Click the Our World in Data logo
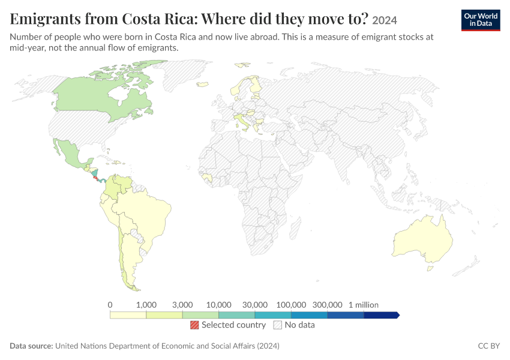[x=481, y=20]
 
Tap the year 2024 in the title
[x=385, y=20]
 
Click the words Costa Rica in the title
[x=159, y=19]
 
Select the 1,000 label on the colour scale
[x=146, y=305]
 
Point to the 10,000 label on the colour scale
[x=218, y=305]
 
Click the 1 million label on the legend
[x=364, y=305]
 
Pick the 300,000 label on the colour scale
[x=327, y=305]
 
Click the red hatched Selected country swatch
[x=194, y=325]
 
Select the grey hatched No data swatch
[x=278, y=325]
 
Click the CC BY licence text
[x=489, y=346]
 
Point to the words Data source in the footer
[x=31, y=346]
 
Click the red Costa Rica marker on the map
[x=96, y=179]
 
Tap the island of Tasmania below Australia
[x=430, y=268]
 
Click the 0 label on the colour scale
[x=110, y=305]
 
